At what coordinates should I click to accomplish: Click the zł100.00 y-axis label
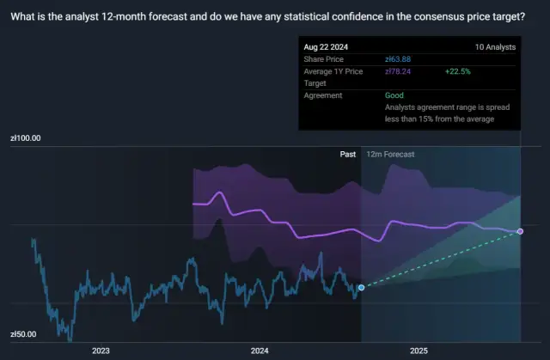click(25, 137)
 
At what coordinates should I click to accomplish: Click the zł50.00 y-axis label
click(23, 334)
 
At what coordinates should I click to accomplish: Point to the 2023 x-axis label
click(101, 351)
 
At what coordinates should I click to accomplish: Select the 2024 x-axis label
click(260, 351)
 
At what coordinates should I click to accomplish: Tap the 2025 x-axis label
click(419, 351)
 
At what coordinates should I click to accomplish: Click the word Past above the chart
click(348, 154)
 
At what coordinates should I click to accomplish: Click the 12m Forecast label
click(390, 154)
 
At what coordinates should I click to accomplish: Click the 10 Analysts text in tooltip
click(496, 46)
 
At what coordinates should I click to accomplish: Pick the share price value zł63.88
click(398, 58)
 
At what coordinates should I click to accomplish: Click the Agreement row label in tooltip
click(323, 95)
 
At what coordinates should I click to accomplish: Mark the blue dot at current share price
click(361, 287)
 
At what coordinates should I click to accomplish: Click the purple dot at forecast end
click(521, 231)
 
